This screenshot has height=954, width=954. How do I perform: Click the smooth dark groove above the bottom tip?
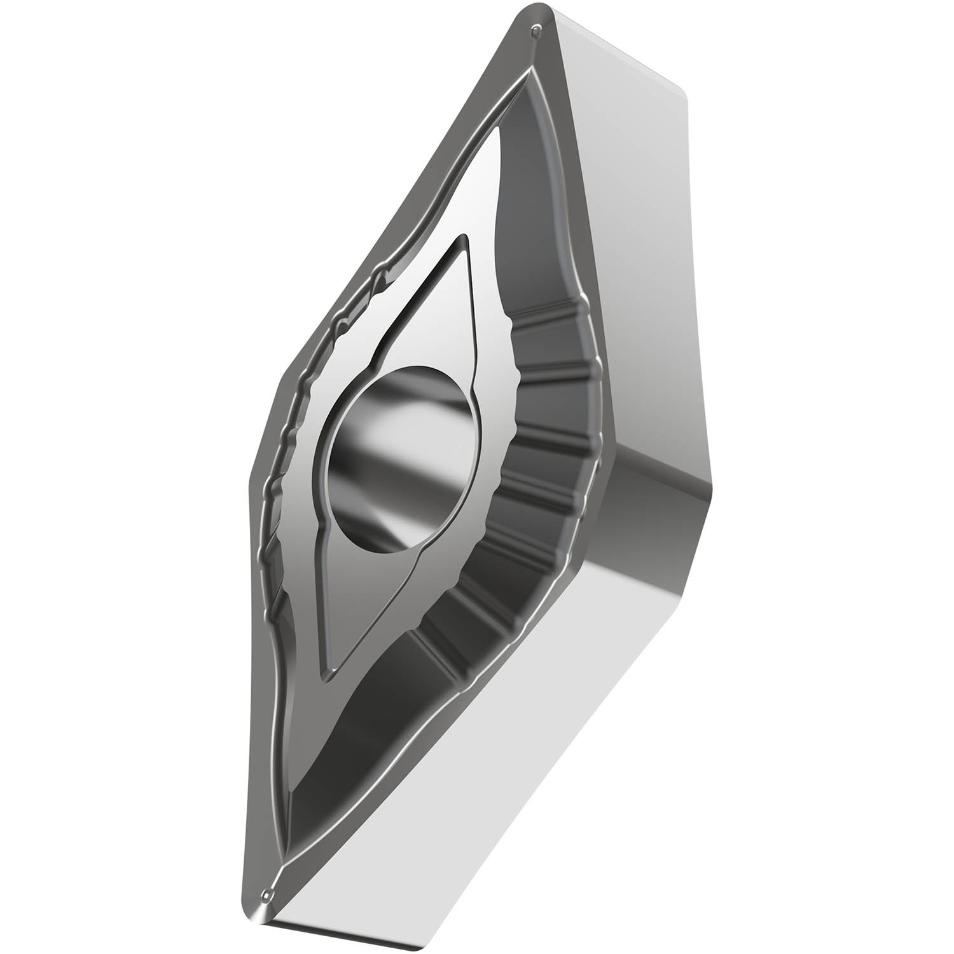(x=331, y=763)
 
